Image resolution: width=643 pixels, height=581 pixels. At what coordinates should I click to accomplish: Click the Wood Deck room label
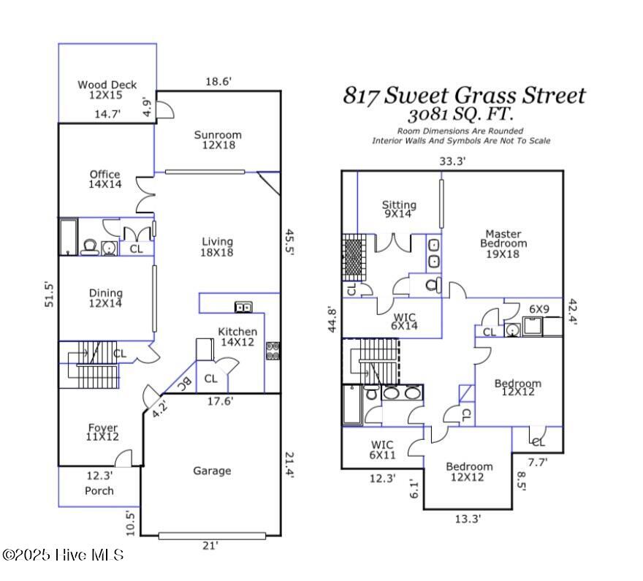tap(107, 90)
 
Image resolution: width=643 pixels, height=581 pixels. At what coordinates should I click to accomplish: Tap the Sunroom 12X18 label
tap(218, 140)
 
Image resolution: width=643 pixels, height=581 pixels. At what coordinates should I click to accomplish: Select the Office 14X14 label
tap(104, 179)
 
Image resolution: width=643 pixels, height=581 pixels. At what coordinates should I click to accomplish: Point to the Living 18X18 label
tap(217, 246)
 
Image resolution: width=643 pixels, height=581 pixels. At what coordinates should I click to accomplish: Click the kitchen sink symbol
tap(243, 307)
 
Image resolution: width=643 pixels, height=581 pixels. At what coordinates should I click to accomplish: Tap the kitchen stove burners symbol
tap(273, 351)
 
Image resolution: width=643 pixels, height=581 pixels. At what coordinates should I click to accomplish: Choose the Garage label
tap(212, 471)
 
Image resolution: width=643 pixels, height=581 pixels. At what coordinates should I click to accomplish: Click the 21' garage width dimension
tap(210, 545)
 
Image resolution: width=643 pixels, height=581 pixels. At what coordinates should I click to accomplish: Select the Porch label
tap(99, 490)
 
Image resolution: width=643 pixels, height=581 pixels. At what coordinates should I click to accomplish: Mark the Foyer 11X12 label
tap(103, 432)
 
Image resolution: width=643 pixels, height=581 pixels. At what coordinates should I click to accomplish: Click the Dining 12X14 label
tap(105, 297)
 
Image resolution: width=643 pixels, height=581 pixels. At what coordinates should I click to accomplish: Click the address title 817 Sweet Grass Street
tap(464, 96)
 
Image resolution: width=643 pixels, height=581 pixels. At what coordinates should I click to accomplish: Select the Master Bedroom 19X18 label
tap(503, 243)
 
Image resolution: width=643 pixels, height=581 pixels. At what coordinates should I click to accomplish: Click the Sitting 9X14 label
tap(399, 210)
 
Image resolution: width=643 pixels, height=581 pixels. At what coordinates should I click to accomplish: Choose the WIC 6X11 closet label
tap(381, 449)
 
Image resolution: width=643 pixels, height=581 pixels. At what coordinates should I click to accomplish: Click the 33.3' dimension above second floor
tap(452, 161)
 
